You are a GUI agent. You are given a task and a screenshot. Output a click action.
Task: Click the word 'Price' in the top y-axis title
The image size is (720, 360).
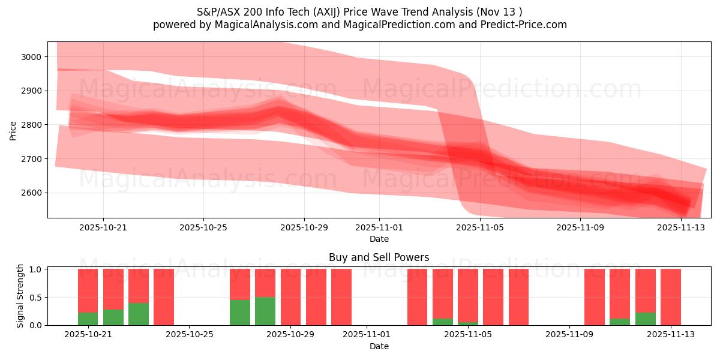point(13,130)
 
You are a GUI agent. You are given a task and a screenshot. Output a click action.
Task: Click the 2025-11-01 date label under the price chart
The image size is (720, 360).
point(379,227)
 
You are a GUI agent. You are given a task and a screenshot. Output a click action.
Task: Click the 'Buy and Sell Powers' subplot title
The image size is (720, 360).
point(379,257)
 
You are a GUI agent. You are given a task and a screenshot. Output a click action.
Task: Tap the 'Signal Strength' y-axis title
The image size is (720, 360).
point(20,296)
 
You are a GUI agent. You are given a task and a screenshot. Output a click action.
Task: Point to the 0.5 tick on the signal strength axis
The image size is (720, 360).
point(35,297)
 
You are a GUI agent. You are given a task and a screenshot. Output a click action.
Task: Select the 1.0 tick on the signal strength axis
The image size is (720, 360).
point(35,269)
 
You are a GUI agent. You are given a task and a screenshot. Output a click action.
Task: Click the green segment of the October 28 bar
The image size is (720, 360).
point(265,311)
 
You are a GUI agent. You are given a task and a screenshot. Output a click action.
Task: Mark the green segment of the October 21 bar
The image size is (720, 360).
point(88,319)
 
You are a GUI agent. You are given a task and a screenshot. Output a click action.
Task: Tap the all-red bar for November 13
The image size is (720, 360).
point(671,297)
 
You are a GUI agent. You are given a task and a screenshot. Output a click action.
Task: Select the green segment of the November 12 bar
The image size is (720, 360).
point(646,319)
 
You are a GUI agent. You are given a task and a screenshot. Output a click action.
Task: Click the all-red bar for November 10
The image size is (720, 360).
point(595,297)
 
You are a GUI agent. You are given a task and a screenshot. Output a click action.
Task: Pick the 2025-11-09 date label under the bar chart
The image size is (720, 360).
point(568,335)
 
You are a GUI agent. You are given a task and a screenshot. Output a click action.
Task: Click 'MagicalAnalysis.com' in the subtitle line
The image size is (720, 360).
point(261,25)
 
